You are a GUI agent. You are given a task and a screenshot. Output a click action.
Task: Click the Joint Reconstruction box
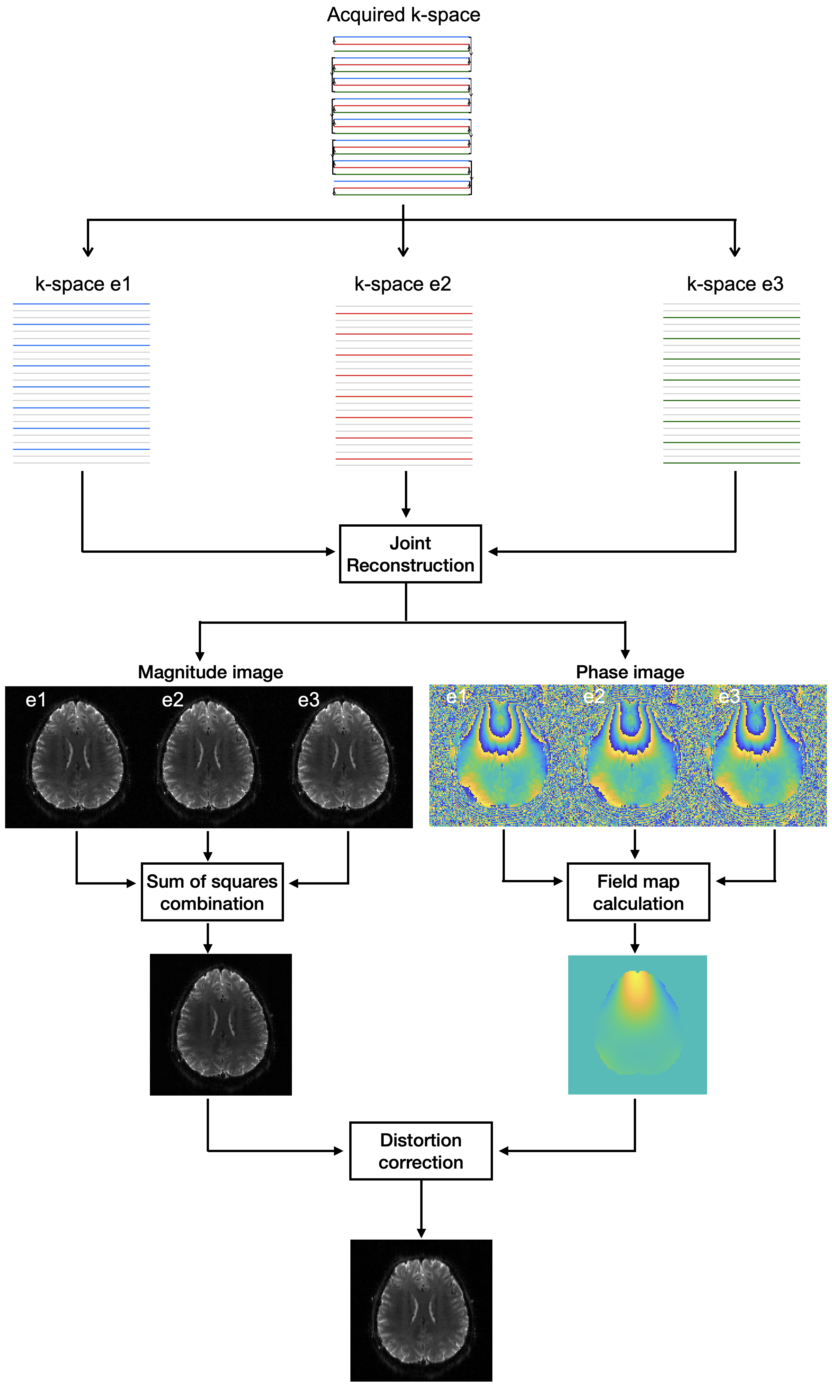410,554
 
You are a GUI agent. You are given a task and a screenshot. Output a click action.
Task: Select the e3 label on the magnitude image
308,700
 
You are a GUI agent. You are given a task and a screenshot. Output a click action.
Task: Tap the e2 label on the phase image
594,696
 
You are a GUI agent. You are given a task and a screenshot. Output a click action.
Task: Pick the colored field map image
637,1025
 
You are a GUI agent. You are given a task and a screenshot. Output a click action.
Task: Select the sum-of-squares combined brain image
221,1025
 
